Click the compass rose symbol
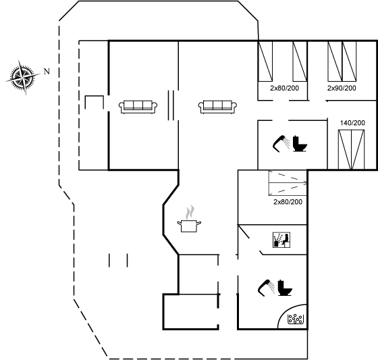23,77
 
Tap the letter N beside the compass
47,72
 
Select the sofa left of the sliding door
138,107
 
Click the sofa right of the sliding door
217,107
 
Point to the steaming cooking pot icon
189,219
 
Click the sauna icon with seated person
281,240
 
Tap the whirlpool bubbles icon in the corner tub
296,319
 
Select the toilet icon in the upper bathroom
300,144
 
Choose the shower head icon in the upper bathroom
281,144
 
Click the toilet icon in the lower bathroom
285,288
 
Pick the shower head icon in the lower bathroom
267,288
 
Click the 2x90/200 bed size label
342,88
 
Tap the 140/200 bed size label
352,123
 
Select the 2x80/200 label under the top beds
284,88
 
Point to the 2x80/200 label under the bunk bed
288,202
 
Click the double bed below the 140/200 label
351,149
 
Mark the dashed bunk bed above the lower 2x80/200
288,183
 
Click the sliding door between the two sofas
171,105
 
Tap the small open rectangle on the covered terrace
94,97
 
